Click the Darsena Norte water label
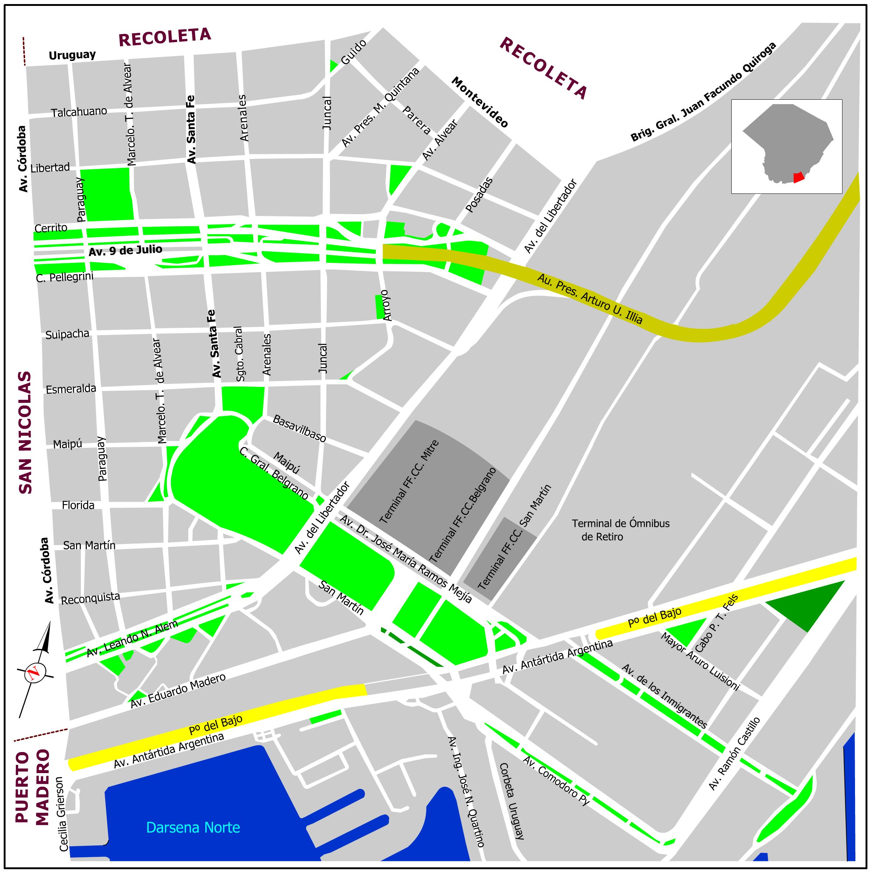pyautogui.click(x=193, y=828)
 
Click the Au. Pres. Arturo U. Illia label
pyautogui.click(x=590, y=299)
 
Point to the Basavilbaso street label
pyautogui.click(x=299, y=428)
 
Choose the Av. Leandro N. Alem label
pyautogui.click(x=132, y=639)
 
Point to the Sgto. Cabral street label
pyautogui.click(x=240, y=354)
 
